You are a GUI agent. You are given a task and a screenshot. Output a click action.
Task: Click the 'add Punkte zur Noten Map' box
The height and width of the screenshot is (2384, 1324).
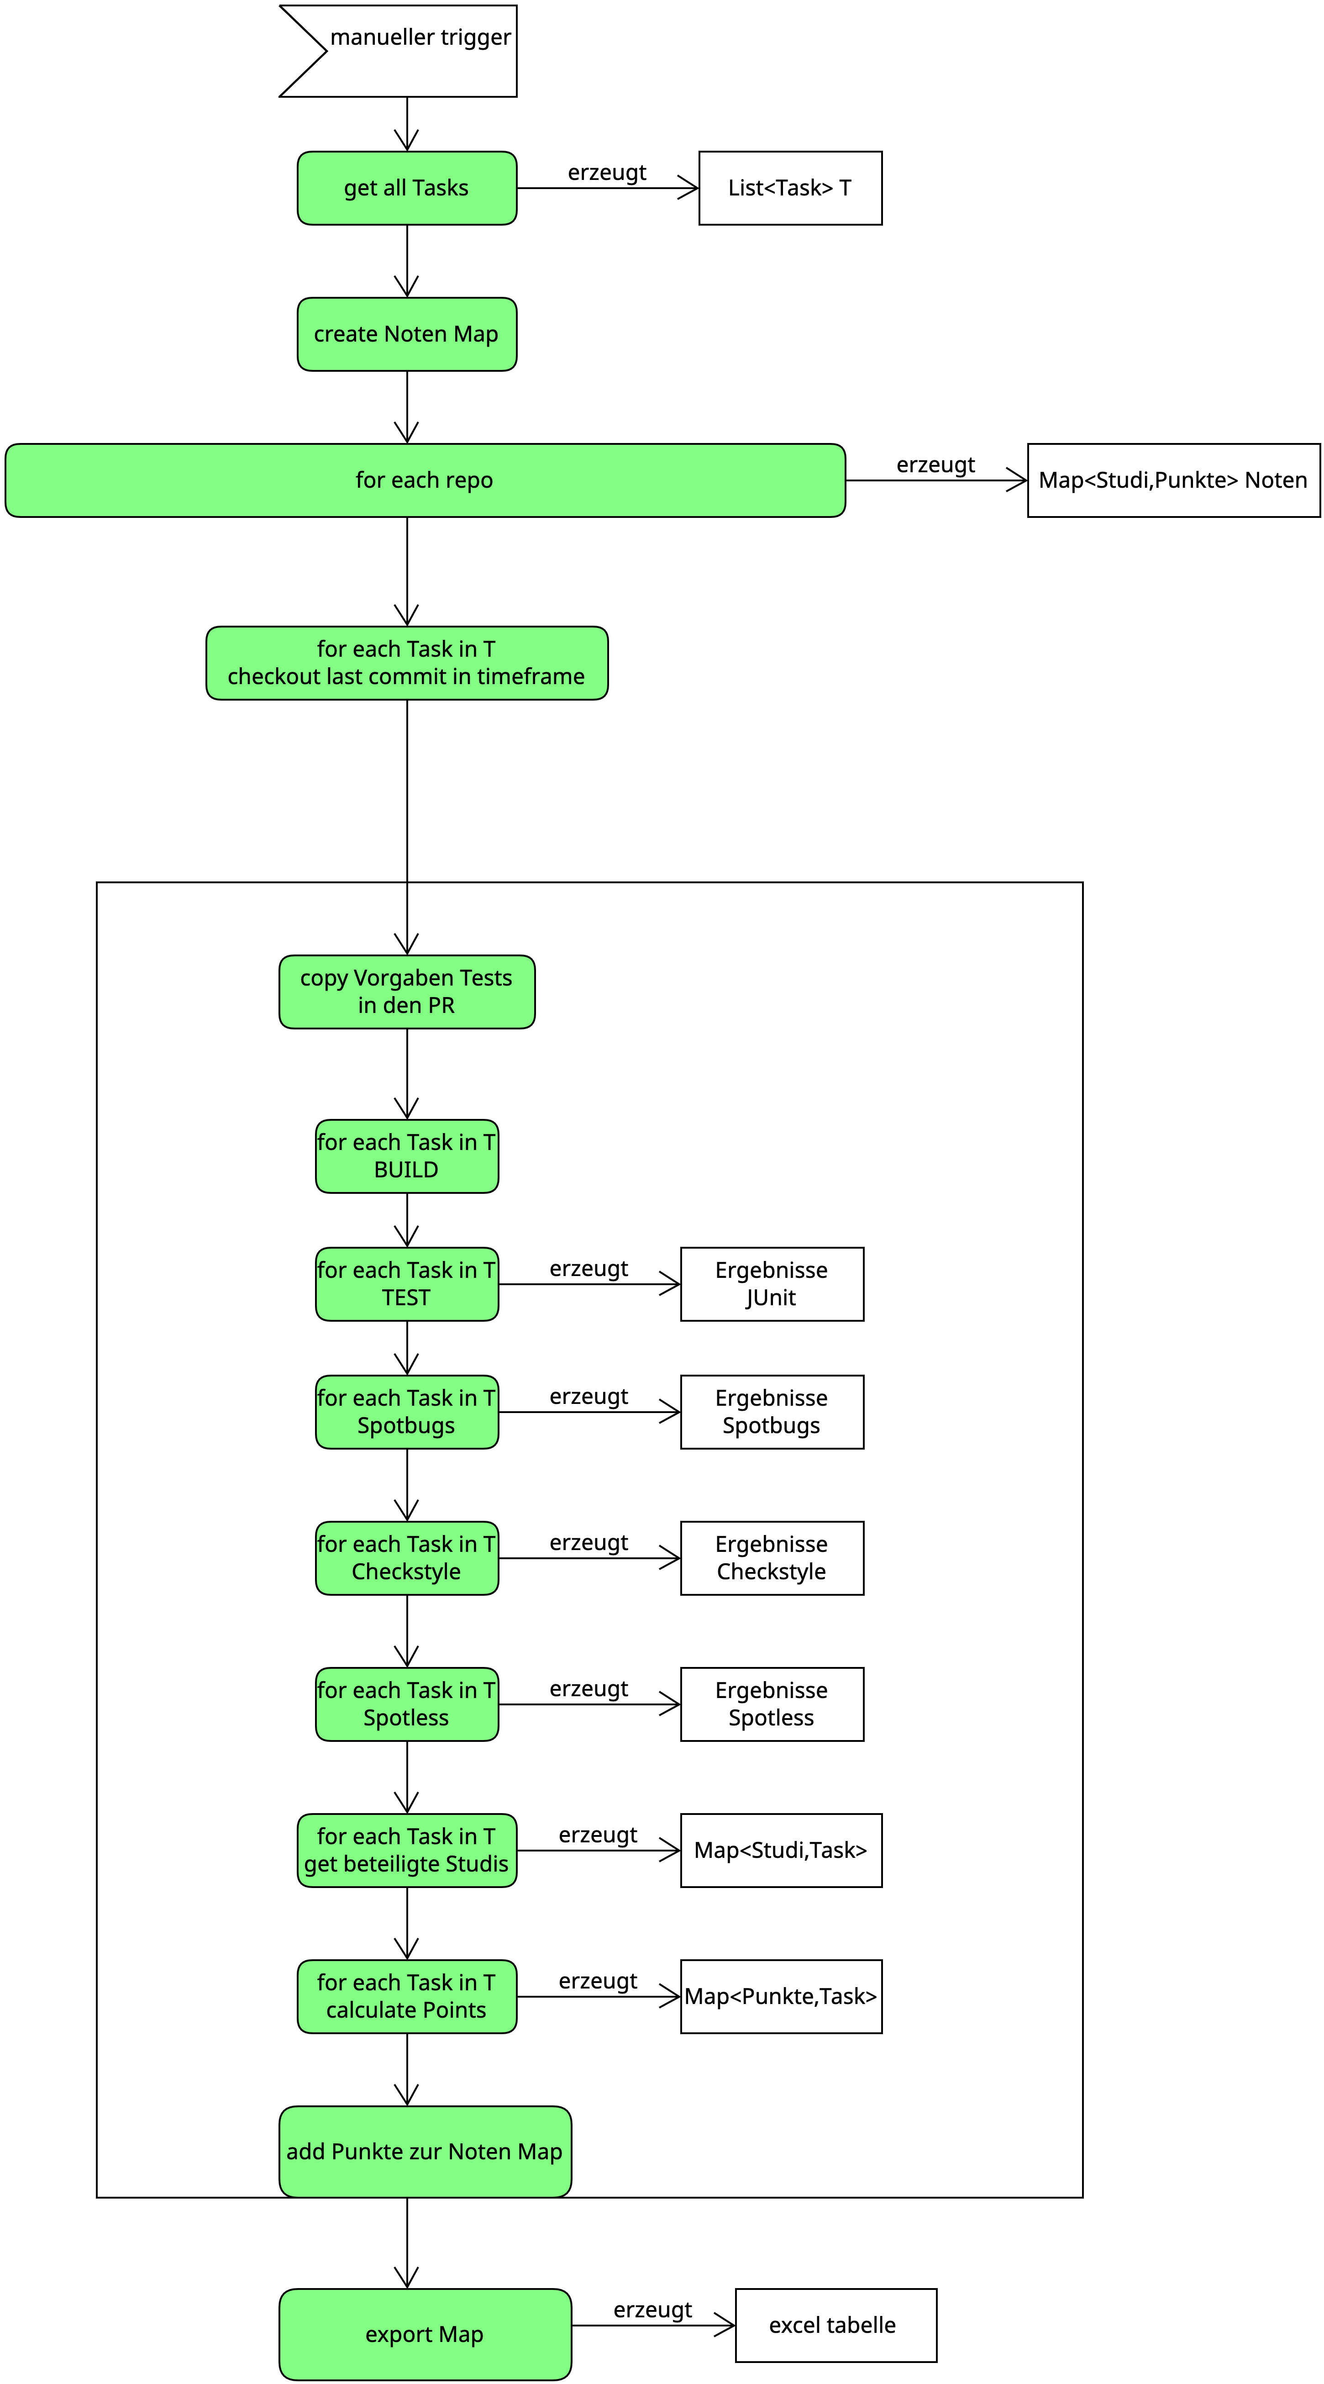[x=425, y=2152]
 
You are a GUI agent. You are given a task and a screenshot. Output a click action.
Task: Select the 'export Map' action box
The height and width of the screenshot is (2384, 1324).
[x=425, y=2334]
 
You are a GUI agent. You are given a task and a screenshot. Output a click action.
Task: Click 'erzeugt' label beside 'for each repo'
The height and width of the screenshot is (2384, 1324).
[x=935, y=464]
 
